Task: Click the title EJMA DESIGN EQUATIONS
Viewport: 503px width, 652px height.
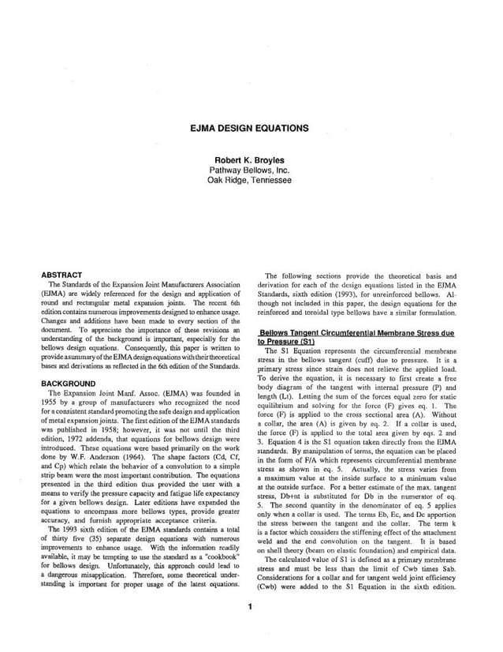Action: pos(251,128)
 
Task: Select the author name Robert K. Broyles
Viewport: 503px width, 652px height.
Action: pos(251,159)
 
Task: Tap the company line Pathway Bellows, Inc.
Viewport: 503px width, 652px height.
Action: pos(251,170)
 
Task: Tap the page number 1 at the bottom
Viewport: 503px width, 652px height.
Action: pos(249,628)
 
